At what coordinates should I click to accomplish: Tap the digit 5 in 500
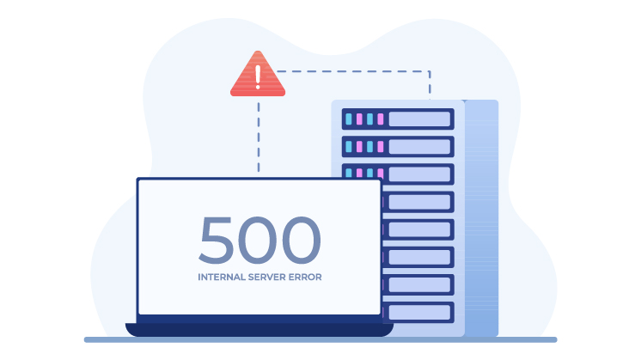tap(216, 241)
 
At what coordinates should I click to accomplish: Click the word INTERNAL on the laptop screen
tap(223, 278)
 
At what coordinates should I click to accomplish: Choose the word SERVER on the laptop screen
tap(270, 278)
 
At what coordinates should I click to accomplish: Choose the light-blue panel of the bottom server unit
tap(420, 312)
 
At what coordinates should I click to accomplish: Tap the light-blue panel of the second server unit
tap(420, 147)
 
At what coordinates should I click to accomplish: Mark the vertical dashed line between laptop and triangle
tap(258, 137)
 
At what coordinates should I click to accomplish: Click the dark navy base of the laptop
tap(259, 327)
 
